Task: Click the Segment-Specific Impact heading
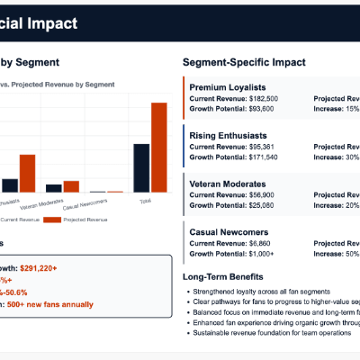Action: click(244, 62)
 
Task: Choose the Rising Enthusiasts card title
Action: click(229, 135)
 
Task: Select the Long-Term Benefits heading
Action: click(222, 276)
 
